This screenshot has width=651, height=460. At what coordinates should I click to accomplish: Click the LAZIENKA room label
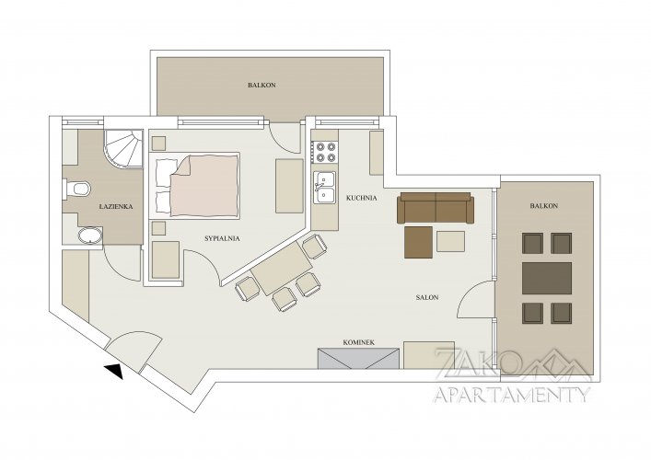point(116,206)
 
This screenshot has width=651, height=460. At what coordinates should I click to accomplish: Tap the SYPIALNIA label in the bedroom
point(222,238)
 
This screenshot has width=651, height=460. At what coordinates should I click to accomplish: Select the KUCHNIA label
point(362,199)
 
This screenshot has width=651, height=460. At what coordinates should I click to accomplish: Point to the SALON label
point(427,297)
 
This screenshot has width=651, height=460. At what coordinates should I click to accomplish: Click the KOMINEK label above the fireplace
point(359,342)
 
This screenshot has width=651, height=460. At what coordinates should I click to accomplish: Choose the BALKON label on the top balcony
point(262,85)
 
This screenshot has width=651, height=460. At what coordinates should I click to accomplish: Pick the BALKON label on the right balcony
point(544,206)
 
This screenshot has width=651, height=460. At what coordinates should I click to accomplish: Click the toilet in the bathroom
point(76,190)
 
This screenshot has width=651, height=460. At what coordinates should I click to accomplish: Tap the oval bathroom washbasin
point(90,236)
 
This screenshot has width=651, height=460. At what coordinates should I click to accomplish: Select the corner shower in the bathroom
point(122,148)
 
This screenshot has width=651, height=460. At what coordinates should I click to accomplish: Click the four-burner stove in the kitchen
point(326,152)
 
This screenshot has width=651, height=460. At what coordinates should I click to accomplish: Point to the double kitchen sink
point(325,187)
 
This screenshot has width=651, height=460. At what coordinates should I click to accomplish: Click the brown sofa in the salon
point(436,208)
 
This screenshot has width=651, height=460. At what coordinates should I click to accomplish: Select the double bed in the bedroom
point(198,185)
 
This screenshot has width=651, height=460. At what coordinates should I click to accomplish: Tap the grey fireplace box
point(358,359)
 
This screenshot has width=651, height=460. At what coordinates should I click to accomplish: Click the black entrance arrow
point(114,372)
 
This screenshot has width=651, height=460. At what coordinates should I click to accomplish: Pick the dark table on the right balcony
point(547,278)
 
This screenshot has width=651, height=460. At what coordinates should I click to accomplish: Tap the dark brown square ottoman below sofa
point(418,242)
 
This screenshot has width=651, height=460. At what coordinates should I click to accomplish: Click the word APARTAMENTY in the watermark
point(512,394)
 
